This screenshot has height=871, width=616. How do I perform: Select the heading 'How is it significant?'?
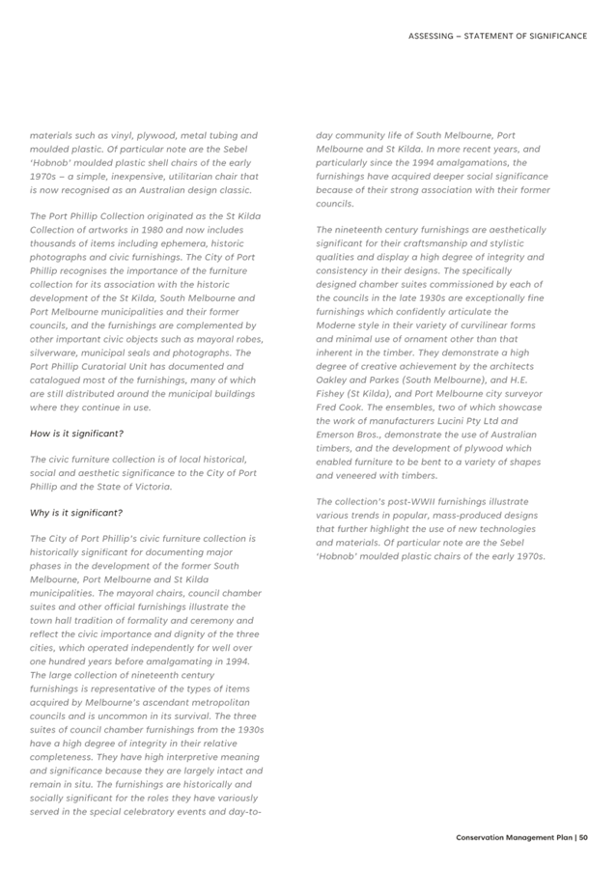point(76,434)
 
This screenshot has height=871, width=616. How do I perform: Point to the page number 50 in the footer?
point(583,837)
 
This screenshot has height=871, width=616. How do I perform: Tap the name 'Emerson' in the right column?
point(341,435)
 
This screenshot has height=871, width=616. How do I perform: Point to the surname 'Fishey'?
point(334,394)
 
